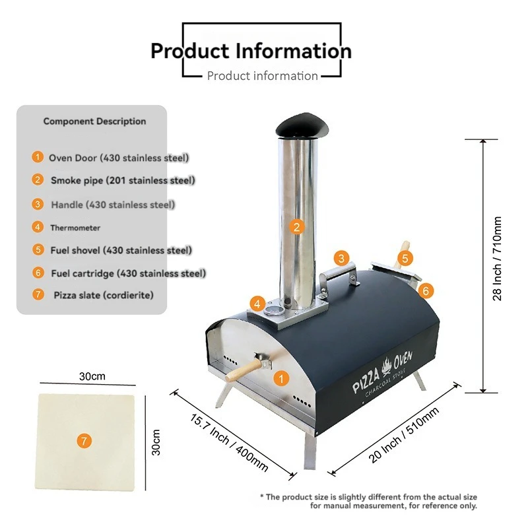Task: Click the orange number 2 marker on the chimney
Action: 296,227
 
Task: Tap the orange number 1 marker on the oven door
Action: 281,379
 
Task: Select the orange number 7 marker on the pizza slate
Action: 84,441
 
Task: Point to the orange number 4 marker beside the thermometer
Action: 257,304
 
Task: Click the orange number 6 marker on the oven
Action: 426,290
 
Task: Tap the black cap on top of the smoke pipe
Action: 302,125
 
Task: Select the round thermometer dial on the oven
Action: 273,310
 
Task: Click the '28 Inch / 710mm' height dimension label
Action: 497,259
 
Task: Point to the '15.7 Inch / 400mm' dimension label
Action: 229,442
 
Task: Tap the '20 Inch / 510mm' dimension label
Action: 404,435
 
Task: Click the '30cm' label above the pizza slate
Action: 92,376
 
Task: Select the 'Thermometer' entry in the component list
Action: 75,228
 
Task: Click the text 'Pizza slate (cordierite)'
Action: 104,295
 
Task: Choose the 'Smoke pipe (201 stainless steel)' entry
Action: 123,180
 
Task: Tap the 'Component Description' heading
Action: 94,121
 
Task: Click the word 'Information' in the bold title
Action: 293,51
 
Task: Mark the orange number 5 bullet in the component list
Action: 38,249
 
